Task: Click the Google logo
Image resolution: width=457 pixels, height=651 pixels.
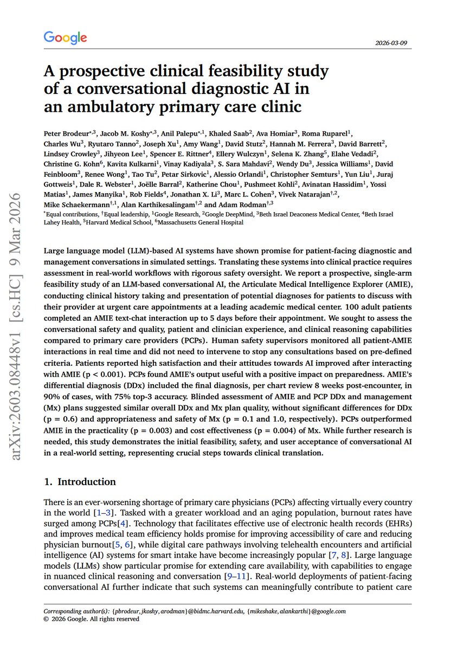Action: pos(65,37)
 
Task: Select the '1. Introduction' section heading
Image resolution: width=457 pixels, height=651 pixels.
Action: pos(80,482)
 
